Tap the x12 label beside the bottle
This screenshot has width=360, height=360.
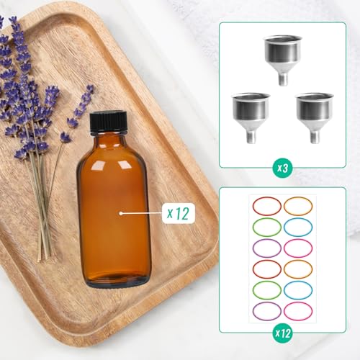click(x=176, y=212)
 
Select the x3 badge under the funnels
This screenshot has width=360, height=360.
click(x=282, y=167)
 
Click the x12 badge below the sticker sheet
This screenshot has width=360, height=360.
click(x=282, y=333)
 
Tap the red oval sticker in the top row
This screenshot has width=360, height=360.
click(x=266, y=206)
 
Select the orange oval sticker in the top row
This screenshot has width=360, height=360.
click(x=297, y=206)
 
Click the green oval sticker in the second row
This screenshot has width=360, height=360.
click(x=266, y=228)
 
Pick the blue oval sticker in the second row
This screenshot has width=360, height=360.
click(x=297, y=228)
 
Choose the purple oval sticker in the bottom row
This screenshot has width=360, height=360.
click(x=266, y=311)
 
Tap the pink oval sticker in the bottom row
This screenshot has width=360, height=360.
click(x=297, y=311)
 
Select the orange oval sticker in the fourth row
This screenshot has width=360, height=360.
click(x=297, y=269)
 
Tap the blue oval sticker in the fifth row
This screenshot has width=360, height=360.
click(x=297, y=290)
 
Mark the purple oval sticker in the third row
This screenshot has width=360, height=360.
click(x=266, y=248)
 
